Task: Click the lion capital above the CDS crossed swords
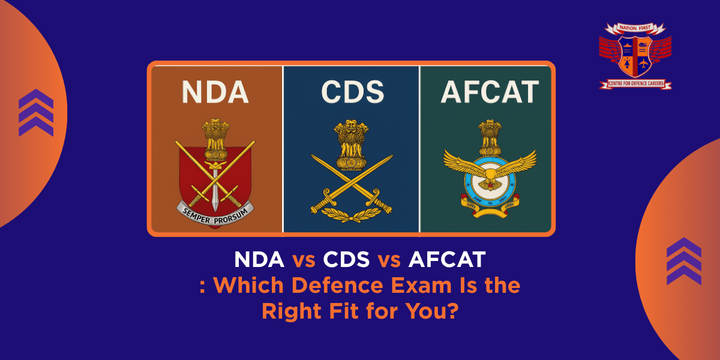point(352,144)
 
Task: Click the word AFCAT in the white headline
point(447,261)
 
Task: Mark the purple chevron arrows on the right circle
point(684,261)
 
